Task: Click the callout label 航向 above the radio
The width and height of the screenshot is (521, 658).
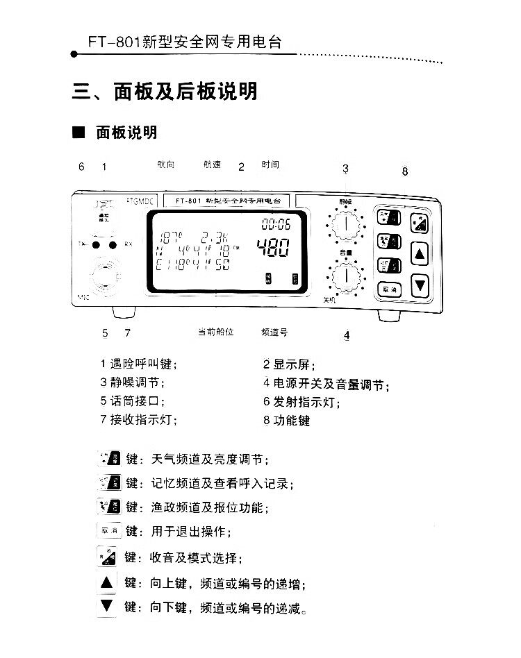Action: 166,165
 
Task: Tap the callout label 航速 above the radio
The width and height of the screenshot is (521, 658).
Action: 212,165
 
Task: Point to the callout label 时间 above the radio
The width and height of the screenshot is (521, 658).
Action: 270,165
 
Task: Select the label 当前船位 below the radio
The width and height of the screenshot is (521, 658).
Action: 215,332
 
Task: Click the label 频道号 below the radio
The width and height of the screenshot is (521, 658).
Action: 274,332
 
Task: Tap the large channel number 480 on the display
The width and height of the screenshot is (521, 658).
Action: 273,248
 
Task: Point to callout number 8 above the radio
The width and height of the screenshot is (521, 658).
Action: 405,171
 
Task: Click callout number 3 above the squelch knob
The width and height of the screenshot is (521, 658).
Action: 345,169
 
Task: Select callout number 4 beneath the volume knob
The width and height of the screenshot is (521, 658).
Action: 346,336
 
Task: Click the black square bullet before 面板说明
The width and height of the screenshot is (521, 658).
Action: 78,132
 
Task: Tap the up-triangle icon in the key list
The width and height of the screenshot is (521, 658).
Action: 106,582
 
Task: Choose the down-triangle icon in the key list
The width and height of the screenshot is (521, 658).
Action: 106,606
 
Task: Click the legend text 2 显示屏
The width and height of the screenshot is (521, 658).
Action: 284,364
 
